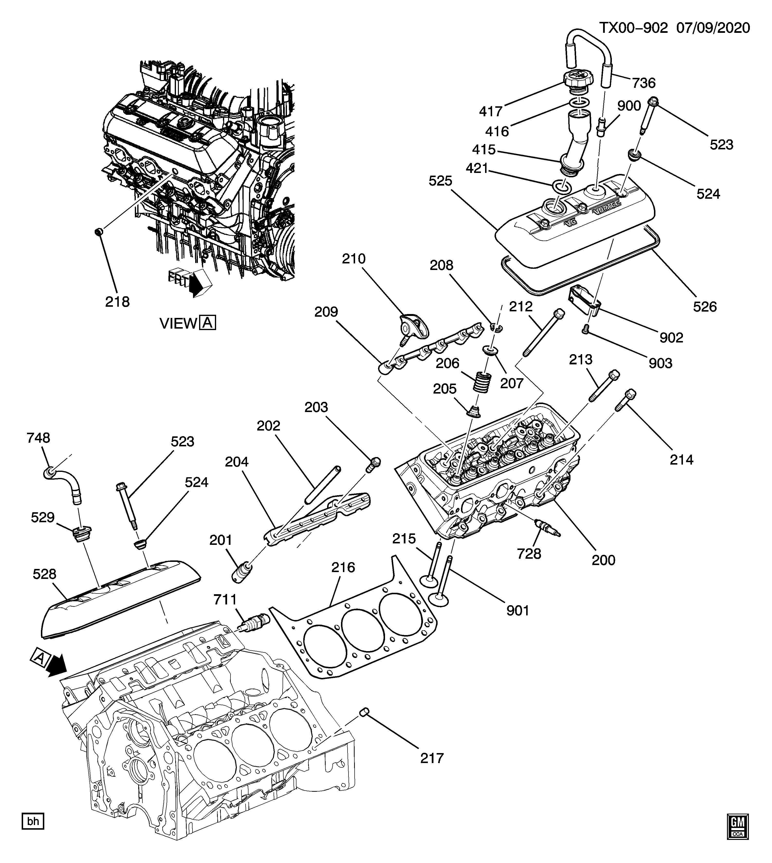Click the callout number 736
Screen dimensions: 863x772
click(644, 83)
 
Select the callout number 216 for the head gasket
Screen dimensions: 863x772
click(343, 567)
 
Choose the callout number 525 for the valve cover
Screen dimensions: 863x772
click(440, 181)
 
